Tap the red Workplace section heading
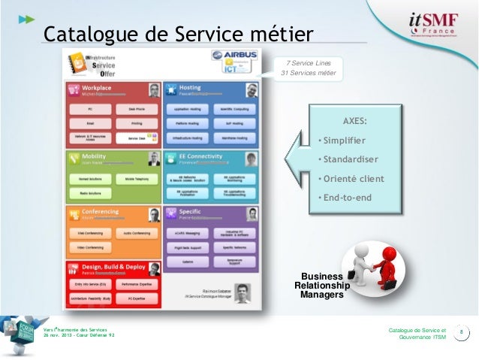[x=98, y=88]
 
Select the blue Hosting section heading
[x=190, y=88]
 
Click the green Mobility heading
[x=95, y=156]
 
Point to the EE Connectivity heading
[x=200, y=156]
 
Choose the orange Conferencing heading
[x=101, y=212]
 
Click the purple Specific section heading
[x=190, y=212]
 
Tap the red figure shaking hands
[x=385, y=264]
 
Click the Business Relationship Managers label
[x=321, y=286]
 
